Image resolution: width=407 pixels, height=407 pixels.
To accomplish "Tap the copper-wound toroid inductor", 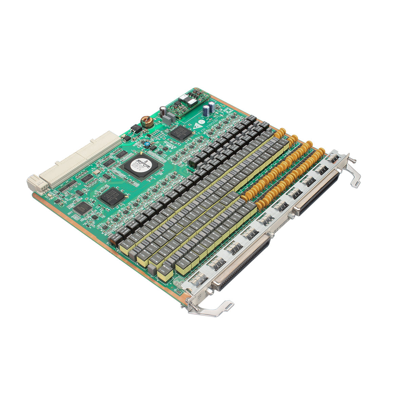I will coord(147,121).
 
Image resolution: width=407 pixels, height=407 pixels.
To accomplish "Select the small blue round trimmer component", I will coord(147,145).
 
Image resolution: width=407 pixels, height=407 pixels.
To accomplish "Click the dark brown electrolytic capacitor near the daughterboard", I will coord(163,111).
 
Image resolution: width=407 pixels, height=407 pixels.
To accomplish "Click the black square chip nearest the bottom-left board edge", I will coord(82,208).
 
